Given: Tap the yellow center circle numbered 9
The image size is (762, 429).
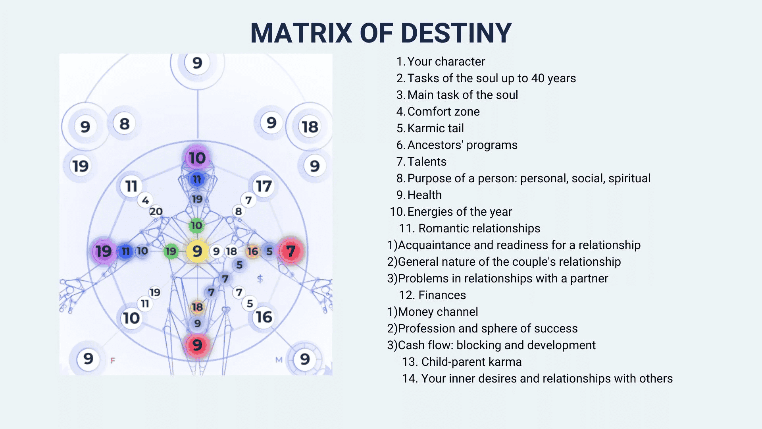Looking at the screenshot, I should click(197, 251).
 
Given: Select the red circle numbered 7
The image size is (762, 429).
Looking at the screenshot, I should click(291, 251).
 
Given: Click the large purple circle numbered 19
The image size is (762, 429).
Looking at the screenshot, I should click(103, 251).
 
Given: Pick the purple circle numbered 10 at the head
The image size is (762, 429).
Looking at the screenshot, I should click(197, 158).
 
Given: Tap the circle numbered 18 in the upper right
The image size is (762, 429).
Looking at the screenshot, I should click(310, 127).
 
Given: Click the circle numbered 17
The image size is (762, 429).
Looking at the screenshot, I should click(264, 186).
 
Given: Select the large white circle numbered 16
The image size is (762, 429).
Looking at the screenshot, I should click(264, 317).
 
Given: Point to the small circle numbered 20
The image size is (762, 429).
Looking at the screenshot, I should click(156, 211).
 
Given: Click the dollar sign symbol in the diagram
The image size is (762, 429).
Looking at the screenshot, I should click(260, 278).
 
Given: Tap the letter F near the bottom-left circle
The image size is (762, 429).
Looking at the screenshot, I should click(113, 360).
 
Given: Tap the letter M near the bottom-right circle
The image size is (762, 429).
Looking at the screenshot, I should click(279, 360).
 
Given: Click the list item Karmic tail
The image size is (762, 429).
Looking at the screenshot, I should click(435, 128).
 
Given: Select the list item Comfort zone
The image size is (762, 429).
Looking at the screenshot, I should click(443, 112).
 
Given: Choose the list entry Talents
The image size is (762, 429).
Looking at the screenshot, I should click(427, 162).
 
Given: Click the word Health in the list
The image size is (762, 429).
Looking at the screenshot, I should click(424, 195).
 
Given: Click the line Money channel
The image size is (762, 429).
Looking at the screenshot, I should click(437, 312).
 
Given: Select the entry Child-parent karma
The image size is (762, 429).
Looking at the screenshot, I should click(471, 362).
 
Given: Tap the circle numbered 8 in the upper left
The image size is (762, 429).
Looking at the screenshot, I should click(124, 124).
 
